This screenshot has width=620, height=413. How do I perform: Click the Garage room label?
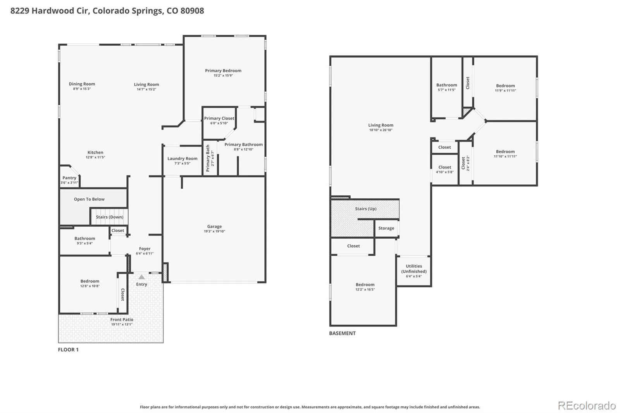pos(215,226)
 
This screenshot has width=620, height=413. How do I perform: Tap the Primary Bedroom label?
pos(223,71)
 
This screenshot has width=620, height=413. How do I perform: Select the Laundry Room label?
pos(183,158)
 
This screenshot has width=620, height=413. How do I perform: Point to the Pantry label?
pos(69,178)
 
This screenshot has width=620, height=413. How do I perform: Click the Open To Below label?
pos(89,199)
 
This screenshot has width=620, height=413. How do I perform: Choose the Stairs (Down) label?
pos(110,217)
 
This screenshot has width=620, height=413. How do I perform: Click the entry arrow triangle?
pos(141,277)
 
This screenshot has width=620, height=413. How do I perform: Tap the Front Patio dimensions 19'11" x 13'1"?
pos(122,324)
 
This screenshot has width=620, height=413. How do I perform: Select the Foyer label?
pos(145,249)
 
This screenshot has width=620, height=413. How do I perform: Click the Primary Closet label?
pos(219,118)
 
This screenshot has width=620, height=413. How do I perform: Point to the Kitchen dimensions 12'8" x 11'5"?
pos(95,157)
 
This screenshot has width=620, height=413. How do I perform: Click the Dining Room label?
pos(82,84)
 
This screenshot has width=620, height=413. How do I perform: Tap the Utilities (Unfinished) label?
pos(414,269)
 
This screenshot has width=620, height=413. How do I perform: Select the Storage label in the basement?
pos(386,228)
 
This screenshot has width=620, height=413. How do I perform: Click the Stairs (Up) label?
pos(366,209)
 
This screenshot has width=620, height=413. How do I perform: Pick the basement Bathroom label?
pos(447,85)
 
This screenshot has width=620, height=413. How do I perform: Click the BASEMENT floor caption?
pos(343,333)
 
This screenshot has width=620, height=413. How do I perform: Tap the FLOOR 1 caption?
pos(68,349)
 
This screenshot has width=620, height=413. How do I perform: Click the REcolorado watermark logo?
pos(587,406)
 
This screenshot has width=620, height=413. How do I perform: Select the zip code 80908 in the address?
pos(192,10)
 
